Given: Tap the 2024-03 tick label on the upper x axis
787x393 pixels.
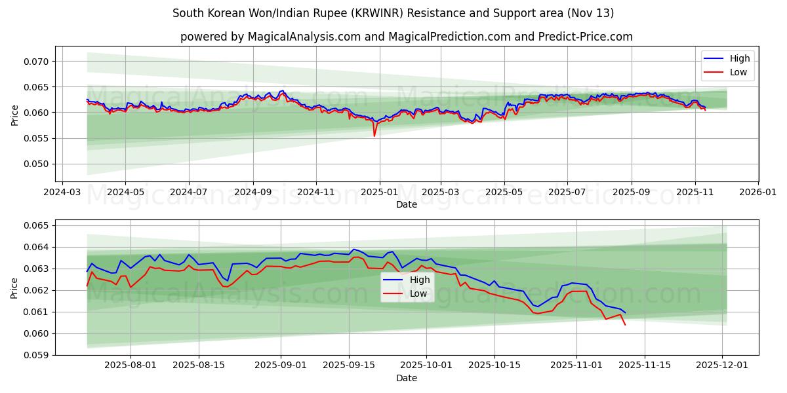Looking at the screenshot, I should (62, 193).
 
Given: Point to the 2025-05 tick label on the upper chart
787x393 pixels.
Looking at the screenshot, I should (504, 193).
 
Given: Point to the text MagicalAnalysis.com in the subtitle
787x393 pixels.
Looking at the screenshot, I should (304, 37).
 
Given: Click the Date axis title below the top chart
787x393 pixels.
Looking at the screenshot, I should (407, 204).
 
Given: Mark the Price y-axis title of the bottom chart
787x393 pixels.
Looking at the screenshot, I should (14, 288).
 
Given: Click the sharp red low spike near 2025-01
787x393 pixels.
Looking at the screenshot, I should (374, 136).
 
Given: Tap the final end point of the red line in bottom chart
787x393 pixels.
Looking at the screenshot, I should (625, 324).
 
